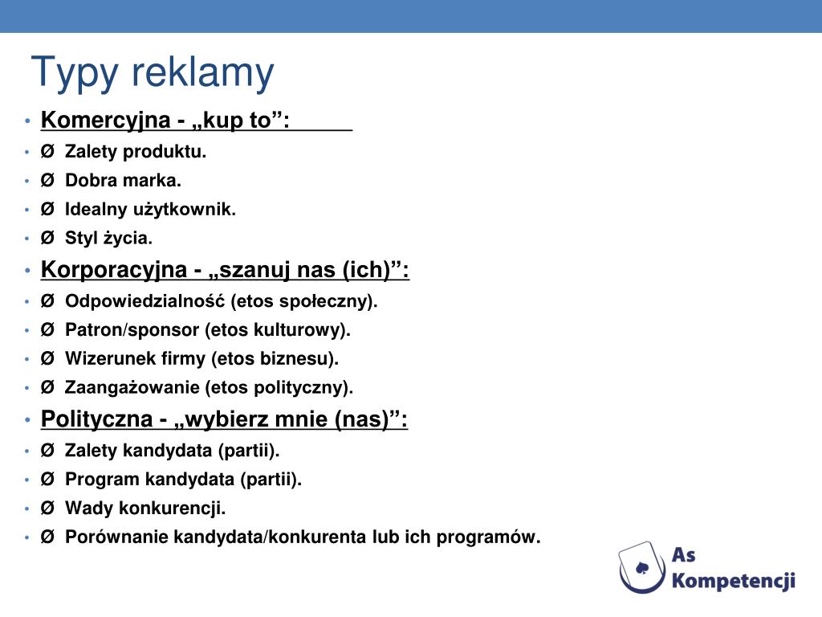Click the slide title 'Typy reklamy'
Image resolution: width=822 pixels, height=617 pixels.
pyautogui.click(x=153, y=73)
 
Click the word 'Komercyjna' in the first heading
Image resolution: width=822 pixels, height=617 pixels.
pyautogui.click(x=105, y=121)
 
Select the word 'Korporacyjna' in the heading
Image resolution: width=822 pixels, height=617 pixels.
pyautogui.click(x=113, y=270)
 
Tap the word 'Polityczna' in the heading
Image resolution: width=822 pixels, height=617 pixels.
pyautogui.click(x=96, y=419)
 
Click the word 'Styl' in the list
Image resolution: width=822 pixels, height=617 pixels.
pyautogui.click(x=80, y=239)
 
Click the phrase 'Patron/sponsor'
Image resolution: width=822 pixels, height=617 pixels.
pyautogui.click(x=132, y=329)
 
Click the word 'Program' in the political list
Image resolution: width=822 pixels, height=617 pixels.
pyautogui.click(x=103, y=480)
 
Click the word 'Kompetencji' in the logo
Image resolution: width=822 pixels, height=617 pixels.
pyautogui.click(x=733, y=580)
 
